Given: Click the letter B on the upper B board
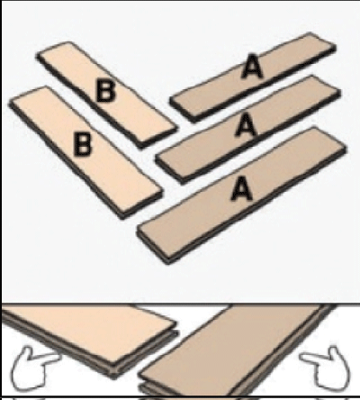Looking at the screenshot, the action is click(105, 90).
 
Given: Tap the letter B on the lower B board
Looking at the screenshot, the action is click(83, 144).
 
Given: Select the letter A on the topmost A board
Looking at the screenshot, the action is click(252, 67).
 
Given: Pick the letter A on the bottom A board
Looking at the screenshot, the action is click(241, 188).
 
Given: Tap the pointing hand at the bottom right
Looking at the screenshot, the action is click(326, 368).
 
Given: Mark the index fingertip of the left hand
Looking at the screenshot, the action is click(60, 358).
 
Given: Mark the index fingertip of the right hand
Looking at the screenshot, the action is click(301, 358).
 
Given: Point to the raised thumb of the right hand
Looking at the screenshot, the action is click(336, 352).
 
